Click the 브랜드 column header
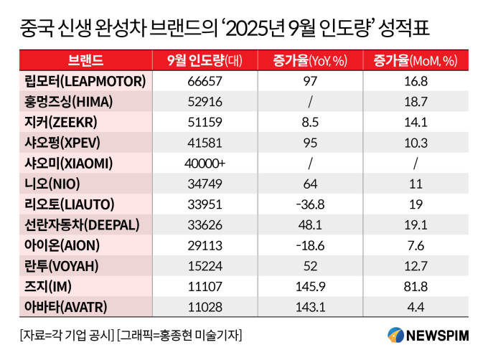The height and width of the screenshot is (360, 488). click(85, 60)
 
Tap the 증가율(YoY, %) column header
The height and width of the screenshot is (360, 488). click(311, 60)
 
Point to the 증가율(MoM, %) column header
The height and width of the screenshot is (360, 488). click(413, 60)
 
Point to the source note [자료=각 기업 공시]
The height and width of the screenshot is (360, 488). click(65, 335)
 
